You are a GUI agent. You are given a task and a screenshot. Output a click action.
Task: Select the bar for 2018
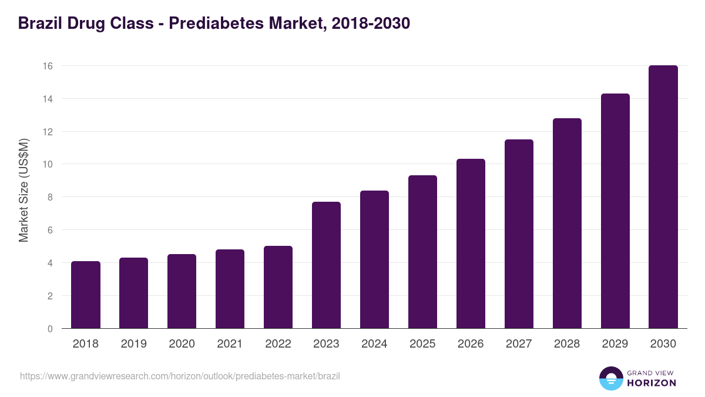(86, 295)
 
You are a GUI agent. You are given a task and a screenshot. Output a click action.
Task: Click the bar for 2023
(326, 265)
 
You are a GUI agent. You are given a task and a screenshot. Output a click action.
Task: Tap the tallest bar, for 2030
(663, 197)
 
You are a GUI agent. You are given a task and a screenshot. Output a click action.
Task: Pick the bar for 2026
(471, 243)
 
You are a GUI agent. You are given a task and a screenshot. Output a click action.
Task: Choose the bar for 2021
(230, 289)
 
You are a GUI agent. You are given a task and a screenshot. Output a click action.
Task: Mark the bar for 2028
(567, 223)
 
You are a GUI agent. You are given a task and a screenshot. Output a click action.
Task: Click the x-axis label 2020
(182, 344)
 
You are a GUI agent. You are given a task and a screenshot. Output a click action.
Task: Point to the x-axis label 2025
(422, 344)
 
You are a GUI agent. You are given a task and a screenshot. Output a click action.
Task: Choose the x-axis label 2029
(615, 344)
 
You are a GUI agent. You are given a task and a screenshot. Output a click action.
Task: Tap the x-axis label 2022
(278, 344)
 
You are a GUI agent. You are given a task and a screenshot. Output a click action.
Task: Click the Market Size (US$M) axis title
(24, 191)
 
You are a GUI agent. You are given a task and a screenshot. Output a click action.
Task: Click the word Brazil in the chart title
(39, 24)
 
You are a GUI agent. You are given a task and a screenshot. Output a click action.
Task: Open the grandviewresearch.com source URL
(180, 376)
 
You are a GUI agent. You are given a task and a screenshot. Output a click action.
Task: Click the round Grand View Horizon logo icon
(610, 378)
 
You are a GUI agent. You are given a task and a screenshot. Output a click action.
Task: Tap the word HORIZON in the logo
(652, 383)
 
